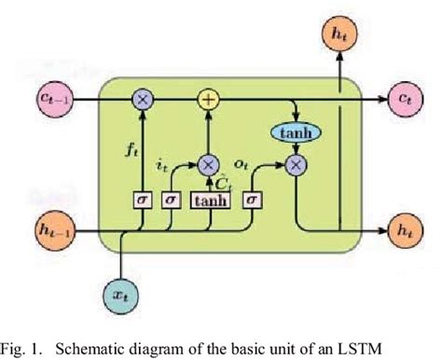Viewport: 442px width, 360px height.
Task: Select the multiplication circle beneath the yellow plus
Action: pos(207,165)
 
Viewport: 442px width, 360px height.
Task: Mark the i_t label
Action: pos(163,167)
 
